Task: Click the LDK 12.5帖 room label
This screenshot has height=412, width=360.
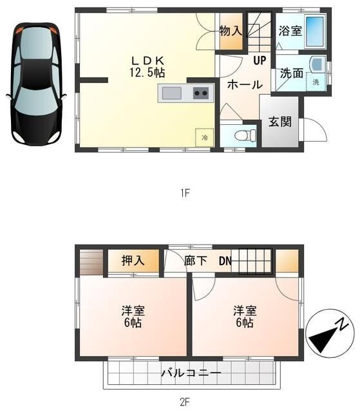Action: pyautogui.click(x=147, y=67)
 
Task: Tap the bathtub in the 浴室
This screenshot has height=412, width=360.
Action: pyautogui.click(x=316, y=32)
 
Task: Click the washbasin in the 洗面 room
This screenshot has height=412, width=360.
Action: pyautogui.click(x=317, y=64)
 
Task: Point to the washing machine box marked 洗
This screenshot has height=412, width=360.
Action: pyautogui.click(x=316, y=82)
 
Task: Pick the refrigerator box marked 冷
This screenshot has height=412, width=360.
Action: pyautogui.click(x=204, y=137)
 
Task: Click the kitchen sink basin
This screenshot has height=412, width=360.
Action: pyautogui.click(x=171, y=93)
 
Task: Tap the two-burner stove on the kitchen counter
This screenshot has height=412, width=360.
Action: pyautogui.click(x=201, y=93)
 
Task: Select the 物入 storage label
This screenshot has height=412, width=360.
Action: pyautogui.click(x=231, y=31)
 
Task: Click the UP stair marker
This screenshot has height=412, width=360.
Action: pyautogui.click(x=260, y=61)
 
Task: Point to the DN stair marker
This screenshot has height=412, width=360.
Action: pyautogui.click(x=225, y=261)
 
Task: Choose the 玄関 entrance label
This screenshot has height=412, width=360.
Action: pyautogui.click(x=280, y=122)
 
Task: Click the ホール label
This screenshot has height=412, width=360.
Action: pyautogui.click(x=245, y=84)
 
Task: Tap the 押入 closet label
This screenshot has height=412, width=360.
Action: pyautogui.click(x=133, y=261)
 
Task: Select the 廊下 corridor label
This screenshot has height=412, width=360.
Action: pyautogui.click(x=195, y=261)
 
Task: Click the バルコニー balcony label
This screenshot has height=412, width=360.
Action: pyautogui.click(x=191, y=373)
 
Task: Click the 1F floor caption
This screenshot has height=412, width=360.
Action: pyautogui.click(x=185, y=194)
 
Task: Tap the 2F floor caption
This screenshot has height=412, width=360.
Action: pyautogui.click(x=185, y=402)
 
